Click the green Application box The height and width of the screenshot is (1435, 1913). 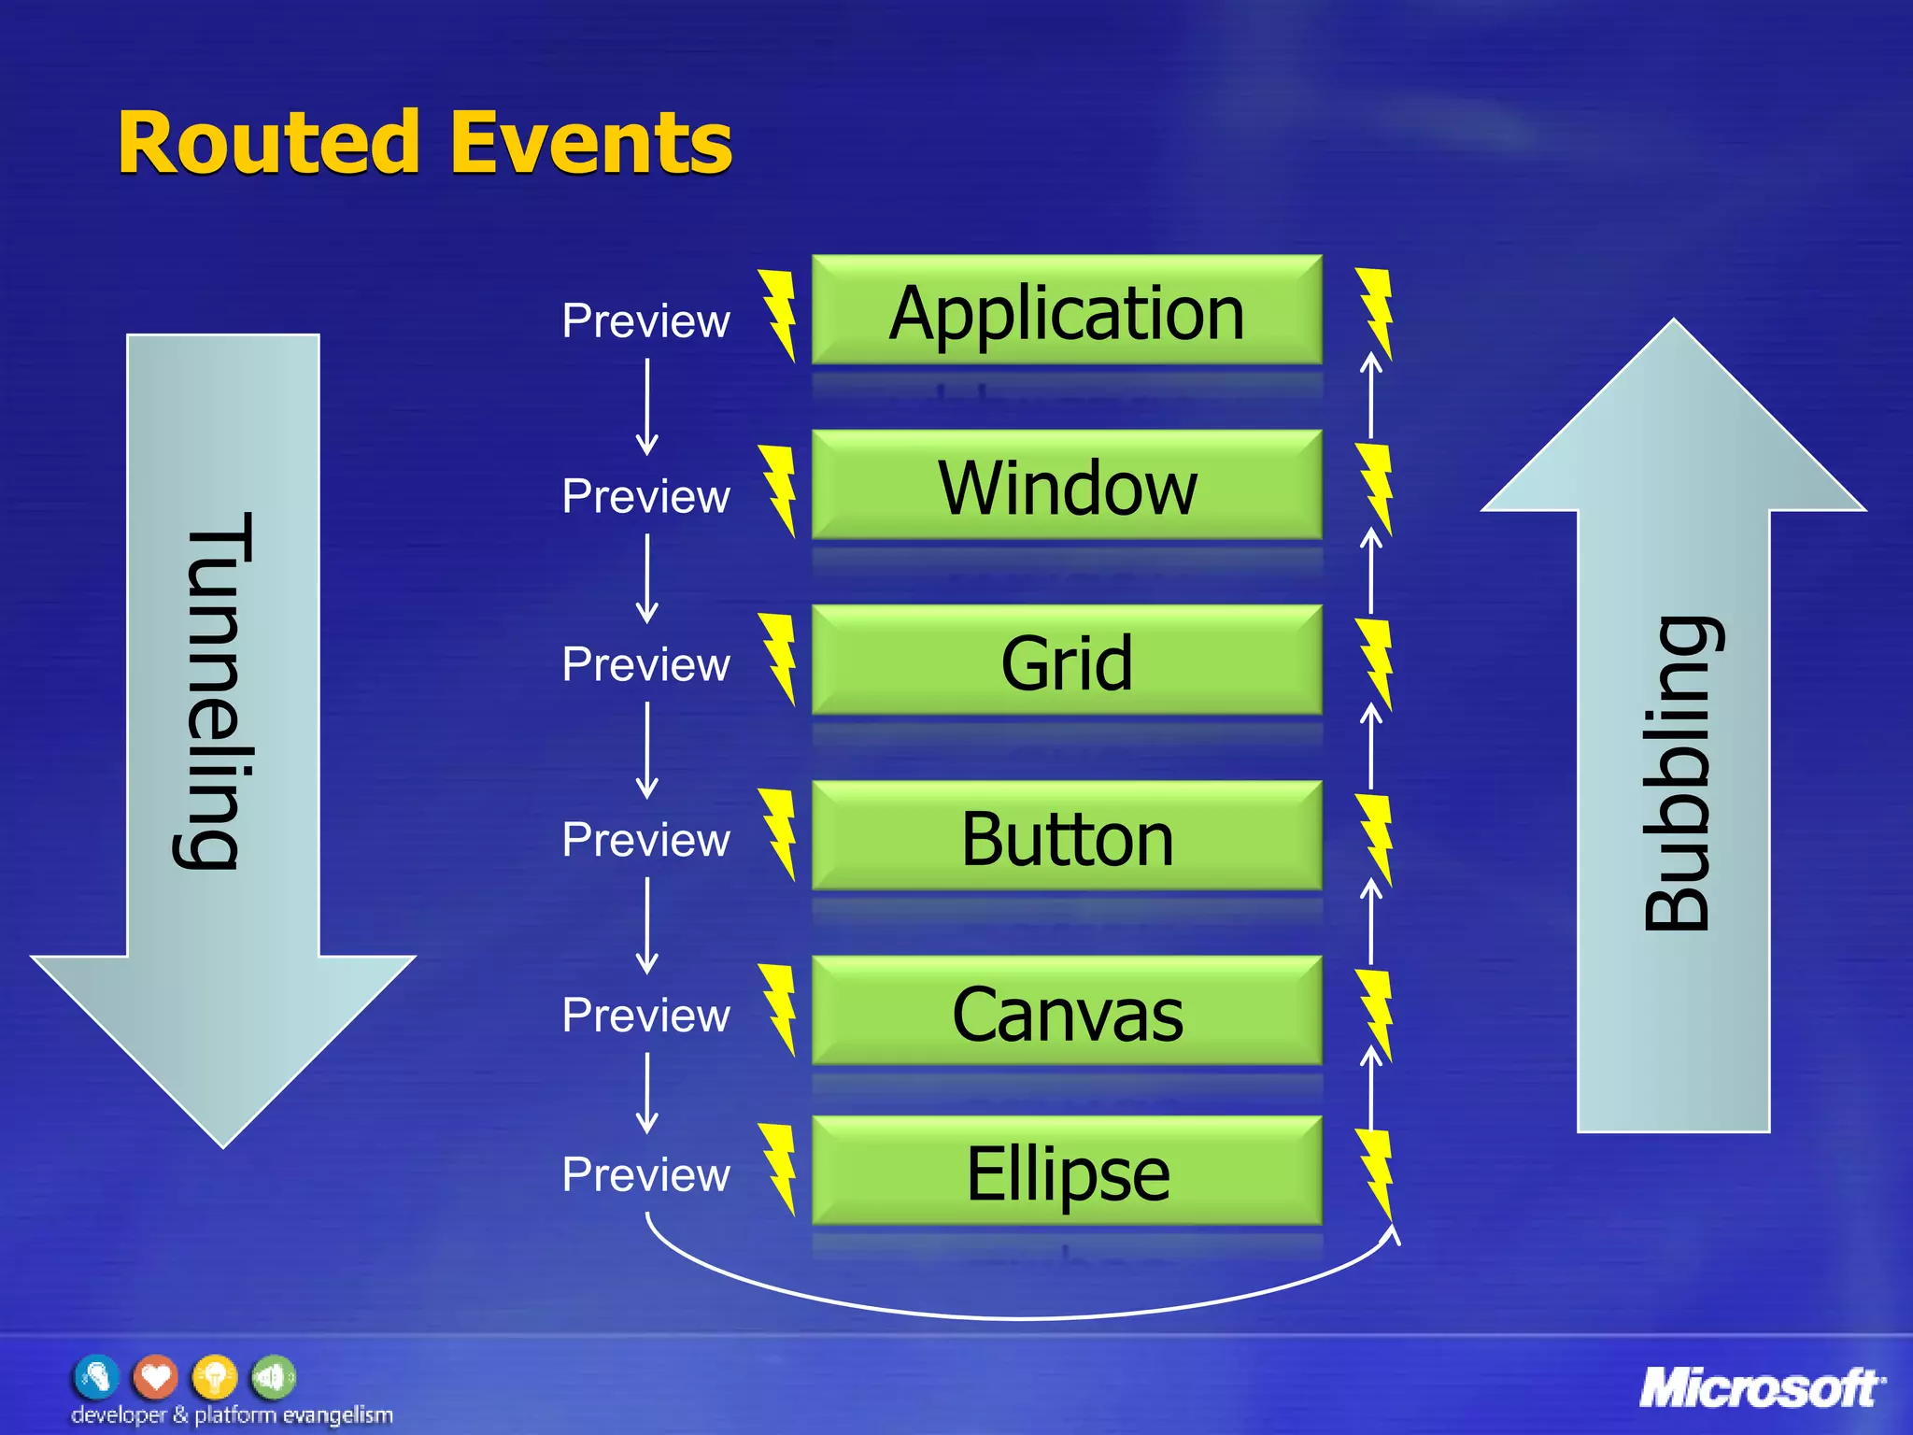(1067, 311)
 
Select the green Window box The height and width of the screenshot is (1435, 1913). (1067, 486)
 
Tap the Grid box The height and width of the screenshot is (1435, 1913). (1067, 661)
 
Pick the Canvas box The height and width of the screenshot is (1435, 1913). (1067, 1012)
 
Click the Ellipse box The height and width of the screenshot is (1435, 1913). (1067, 1172)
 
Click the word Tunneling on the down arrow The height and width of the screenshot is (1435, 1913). (217, 691)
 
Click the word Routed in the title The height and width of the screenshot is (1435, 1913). (269, 144)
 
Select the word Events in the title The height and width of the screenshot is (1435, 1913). (591, 144)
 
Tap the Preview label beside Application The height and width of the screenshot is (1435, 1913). (645, 321)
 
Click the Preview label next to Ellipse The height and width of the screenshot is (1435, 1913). (645, 1174)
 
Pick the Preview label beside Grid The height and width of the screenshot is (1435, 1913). (645, 664)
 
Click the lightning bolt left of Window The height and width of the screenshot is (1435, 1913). (778, 490)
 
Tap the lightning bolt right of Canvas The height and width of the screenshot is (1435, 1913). (1375, 1015)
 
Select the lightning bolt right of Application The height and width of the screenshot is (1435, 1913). (1375, 314)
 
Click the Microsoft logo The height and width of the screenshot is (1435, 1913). (1761, 1387)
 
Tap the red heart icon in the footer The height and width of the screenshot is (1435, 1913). (155, 1376)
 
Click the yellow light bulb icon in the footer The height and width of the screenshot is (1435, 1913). (214, 1376)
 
